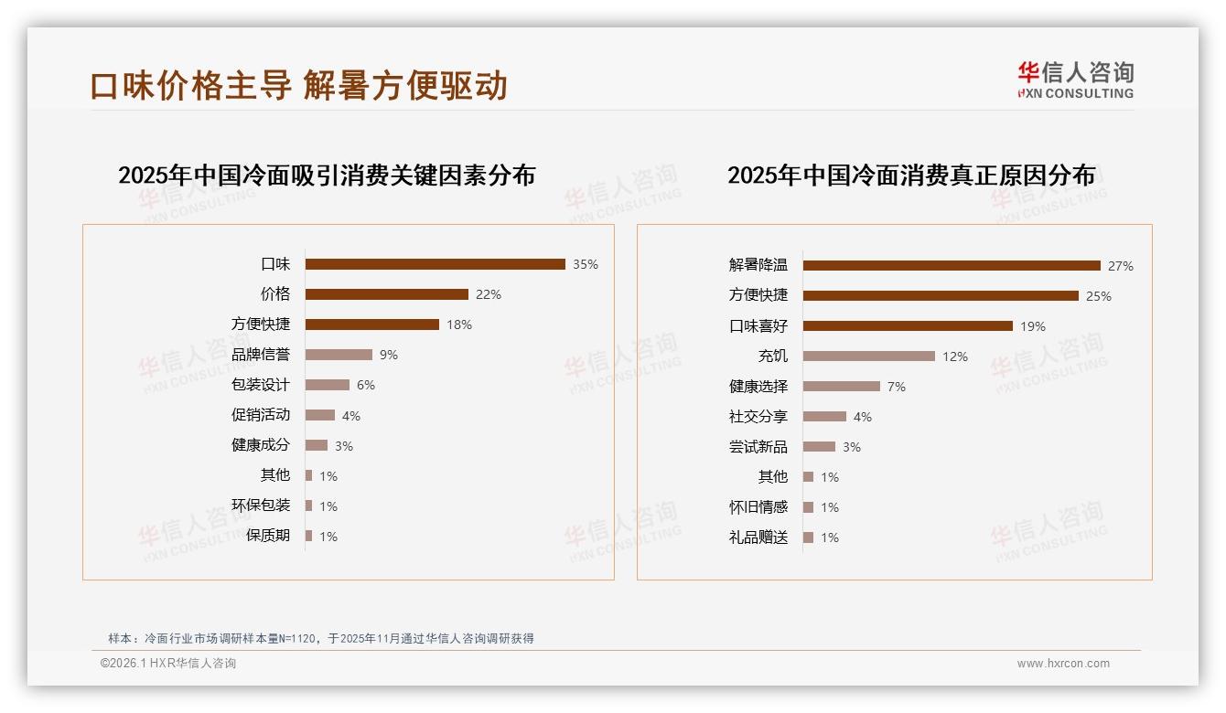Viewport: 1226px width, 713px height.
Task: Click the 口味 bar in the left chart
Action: [x=435, y=264]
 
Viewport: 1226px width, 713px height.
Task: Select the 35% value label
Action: [x=586, y=265]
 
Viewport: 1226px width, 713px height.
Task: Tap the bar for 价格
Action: [x=386, y=294]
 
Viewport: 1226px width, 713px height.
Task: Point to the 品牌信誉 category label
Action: [x=261, y=355]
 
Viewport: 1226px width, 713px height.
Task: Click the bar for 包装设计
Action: [x=328, y=385]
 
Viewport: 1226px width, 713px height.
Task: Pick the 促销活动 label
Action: [x=261, y=415]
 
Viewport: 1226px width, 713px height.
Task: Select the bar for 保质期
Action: [x=309, y=536]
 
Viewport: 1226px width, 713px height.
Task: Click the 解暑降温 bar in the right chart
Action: [x=952, y=266]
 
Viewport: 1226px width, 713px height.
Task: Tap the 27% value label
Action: [x=1121, y=267]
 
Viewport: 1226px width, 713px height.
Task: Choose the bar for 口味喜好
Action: [x=908, y=325]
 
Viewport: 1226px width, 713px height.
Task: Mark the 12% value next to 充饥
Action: [x=955, y=356]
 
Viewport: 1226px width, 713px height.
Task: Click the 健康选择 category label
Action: [x=758, y=387]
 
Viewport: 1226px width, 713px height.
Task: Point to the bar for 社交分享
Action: [x=824, y=416]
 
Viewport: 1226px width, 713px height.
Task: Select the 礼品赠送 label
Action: [x=758, y=537]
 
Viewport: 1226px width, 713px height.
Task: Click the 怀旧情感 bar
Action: [x=809, y=506]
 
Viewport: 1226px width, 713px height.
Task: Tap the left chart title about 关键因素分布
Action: [x=327, y=176]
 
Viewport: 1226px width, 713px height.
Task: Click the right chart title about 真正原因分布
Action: [x=911, y=176]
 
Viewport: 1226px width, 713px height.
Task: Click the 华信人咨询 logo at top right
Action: [x=1076, y=80]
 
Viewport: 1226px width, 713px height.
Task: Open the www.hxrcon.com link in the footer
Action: [x=1063, y=664]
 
